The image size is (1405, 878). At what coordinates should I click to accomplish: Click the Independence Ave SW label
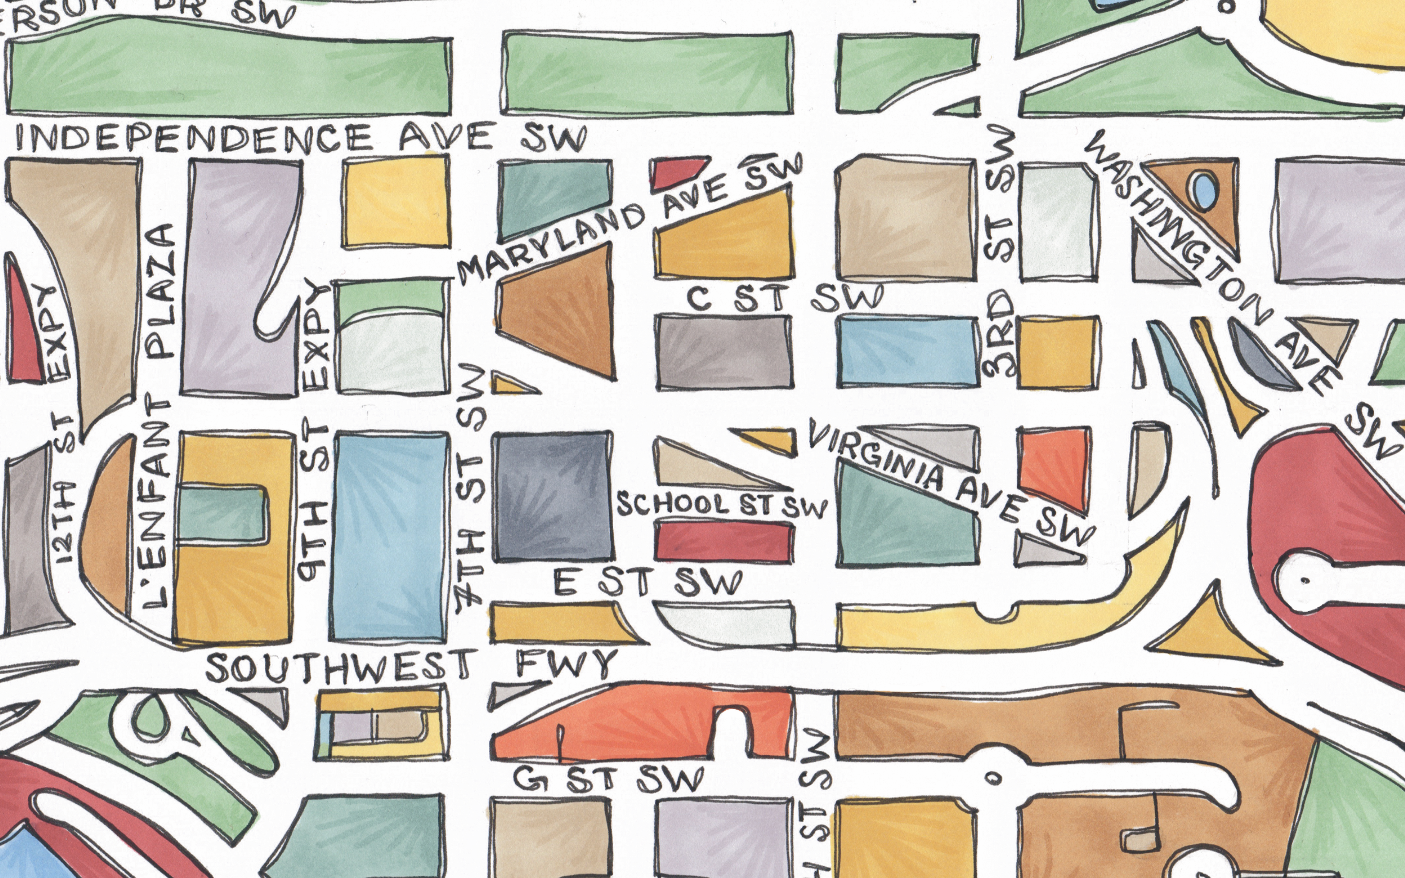click(299, 138)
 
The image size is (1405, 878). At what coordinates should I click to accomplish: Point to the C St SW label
click(784, 298)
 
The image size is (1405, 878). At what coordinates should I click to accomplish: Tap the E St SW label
click(647, 582)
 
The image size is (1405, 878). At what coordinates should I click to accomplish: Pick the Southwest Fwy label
click(409, 667)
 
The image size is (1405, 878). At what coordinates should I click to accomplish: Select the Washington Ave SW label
click(1213, 261)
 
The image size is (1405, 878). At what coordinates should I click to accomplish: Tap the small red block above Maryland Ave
click(676, 173)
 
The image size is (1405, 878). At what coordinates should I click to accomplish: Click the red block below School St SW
click(724, 541)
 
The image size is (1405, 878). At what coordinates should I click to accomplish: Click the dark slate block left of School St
click(552, 497)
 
